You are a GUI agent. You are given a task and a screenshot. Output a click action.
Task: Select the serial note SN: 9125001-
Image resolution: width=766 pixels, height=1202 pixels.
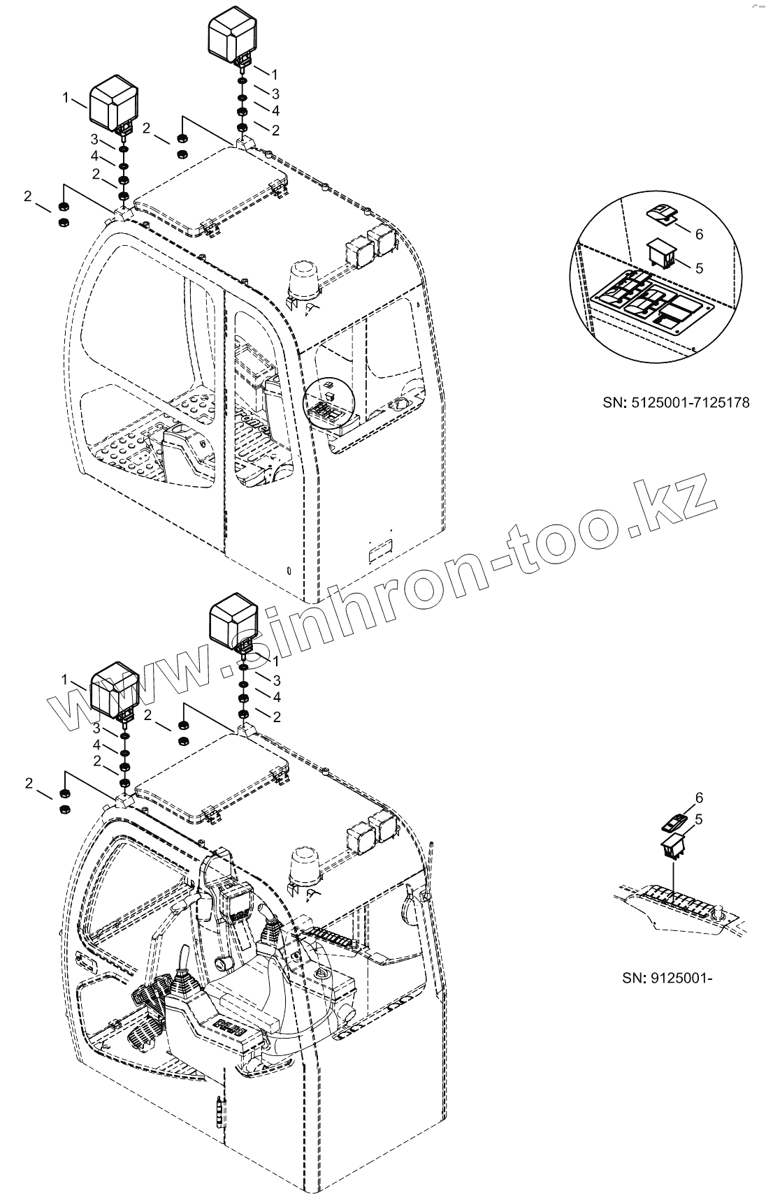(667, 977)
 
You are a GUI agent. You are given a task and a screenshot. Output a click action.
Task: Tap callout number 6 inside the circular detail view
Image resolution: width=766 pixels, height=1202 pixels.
(698, 234)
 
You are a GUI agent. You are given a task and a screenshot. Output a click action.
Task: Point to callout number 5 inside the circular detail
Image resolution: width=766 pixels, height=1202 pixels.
(699, 267)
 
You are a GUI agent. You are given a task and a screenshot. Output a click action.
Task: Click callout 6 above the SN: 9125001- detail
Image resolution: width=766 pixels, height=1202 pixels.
(698, 798)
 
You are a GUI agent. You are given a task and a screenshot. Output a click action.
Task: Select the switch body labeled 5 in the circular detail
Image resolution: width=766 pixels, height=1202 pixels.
(661, 254)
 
